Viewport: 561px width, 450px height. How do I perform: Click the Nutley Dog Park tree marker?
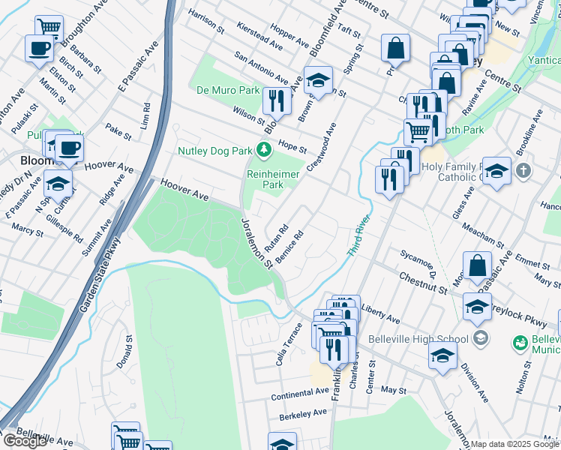(263, 151)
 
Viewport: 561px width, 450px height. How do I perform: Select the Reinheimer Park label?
(265, 178)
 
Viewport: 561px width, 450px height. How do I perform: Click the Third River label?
(359, 235)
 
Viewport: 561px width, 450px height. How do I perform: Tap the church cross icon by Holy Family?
(523, 169)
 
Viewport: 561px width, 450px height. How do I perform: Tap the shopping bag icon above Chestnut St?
(477, 265)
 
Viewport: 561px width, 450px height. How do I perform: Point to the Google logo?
(24, 441)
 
